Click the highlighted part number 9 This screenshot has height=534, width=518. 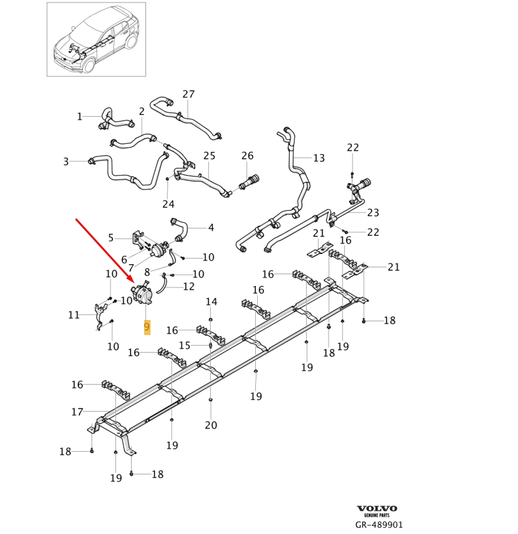pyautogui.click(x=147, y=327)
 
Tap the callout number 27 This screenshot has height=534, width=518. pyautogui.click(x=189, y=95)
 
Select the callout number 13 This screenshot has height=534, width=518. pyautogui.click(x=319, y=158)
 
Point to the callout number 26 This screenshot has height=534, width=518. pyautogui.click(x=248, y=156)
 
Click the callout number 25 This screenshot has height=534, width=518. pyautogui.click(x=209, y=156)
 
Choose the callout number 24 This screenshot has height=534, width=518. pyautogui.click(x=168, y=204)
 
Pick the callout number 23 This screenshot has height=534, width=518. pyautogui.click(x=373, y=213)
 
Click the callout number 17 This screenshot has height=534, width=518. pyautogui.click(x=77, y=412)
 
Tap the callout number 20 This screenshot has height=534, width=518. pyautogui.click(x=211, y=425)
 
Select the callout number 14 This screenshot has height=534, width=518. pyautogui.click(x=212, y=302)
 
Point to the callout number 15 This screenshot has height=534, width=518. pyautogui.click(x=184, y=345)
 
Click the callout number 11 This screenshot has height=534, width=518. pyautogui.click(x=74, y=315)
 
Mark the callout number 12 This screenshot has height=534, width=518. pyautogui.click(x=189, y=287)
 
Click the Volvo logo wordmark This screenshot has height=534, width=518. pyautogui.click(x=377, y=508)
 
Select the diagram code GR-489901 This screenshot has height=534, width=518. pyautogui.click(x=379, y=525)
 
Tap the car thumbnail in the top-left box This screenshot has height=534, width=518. pyautogui.click(x=96, y=39)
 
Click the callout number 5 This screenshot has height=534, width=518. pyautogui.click(x=111, y=238)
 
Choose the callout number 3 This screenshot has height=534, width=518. pyautogui.click(x=66, y=162)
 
